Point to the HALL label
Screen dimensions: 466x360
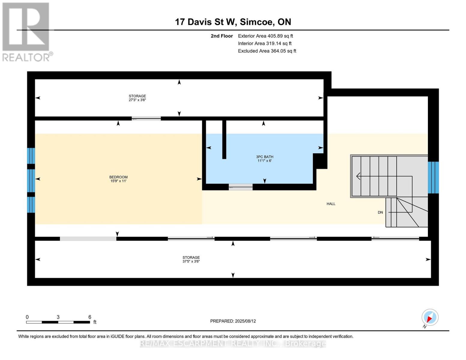pos(331,204)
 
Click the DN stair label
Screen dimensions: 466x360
pos(380,212)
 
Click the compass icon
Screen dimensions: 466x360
pos(430,317)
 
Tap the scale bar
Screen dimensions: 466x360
pos(58,322)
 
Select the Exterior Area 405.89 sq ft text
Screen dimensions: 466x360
pos(266,36)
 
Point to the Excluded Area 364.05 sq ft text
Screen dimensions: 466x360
pos(267,51)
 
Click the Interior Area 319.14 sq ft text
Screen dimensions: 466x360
pos(265,43)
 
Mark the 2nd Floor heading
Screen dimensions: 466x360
pos(221,36)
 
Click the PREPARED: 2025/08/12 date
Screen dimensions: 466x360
pos(233,321)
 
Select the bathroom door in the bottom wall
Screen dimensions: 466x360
pos(241,187)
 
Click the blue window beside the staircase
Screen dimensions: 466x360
pos(433,178)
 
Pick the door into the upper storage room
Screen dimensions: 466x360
pos(146,118)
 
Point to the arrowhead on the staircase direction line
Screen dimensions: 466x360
pos(358,176)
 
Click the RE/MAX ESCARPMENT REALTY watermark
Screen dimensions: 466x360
pos(233,344)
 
